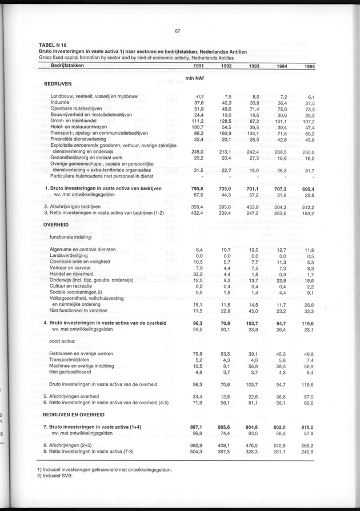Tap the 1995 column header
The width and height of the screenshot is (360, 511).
tap(309, 67)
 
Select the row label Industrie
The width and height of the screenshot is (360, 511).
tap(61, 103)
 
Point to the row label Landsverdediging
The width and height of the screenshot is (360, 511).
tap(71, 256)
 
